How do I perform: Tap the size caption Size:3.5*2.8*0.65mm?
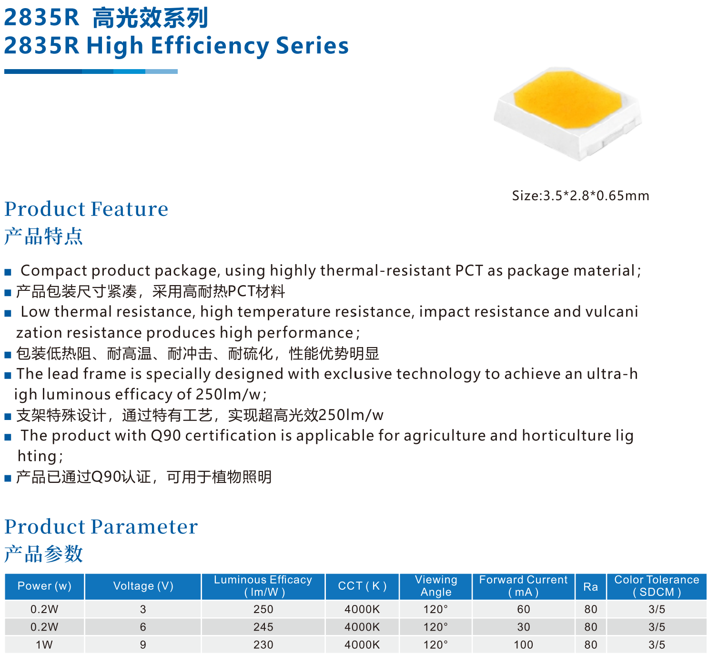[580, 195]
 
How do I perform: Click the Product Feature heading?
[86, 209]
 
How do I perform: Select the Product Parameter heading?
[101, 527]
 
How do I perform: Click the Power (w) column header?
[45, 586]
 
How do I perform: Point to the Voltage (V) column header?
[143, 586]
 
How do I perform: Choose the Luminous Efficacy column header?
[263, 586]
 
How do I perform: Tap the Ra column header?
[590, 586]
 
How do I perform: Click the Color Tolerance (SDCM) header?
[657, 586]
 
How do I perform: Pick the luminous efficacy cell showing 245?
[263, 627]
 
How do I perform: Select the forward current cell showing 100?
[523, 645]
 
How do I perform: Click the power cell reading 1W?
[44, 645]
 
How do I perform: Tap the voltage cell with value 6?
[143, 627]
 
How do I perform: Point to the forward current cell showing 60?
[523, 609]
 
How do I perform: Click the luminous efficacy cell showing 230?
[263, 645]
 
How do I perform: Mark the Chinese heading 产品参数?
[43, 553]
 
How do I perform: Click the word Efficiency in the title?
[210, 46]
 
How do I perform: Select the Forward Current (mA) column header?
[523, 586]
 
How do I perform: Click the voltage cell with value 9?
[143, 645]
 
